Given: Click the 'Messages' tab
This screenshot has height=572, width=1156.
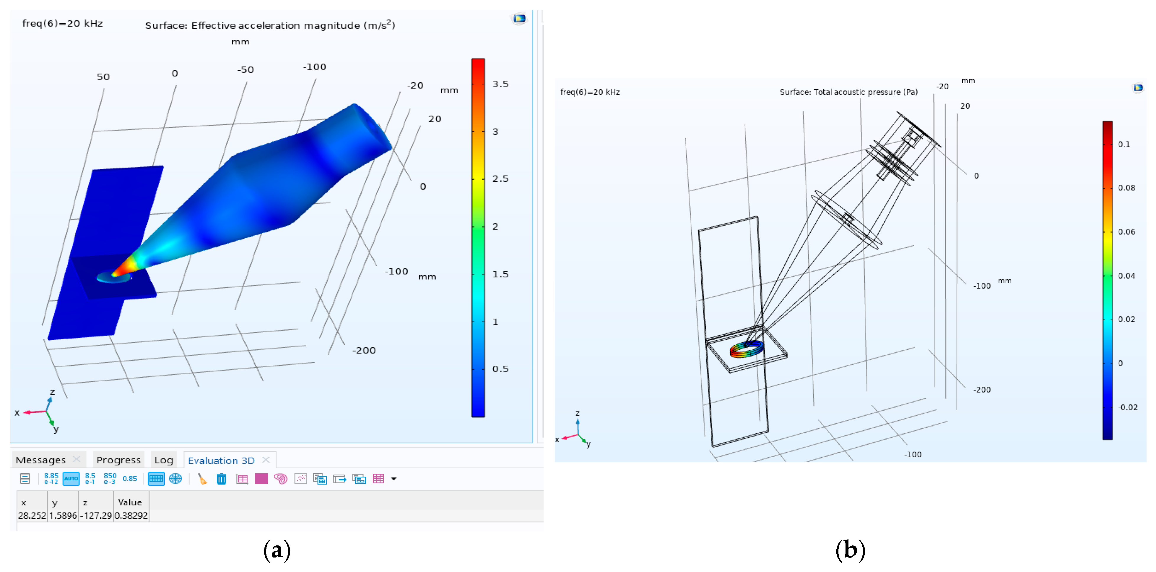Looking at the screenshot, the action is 40,460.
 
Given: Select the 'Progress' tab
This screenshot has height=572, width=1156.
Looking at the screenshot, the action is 118,460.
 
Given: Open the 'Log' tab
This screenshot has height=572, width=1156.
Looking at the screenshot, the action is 164,460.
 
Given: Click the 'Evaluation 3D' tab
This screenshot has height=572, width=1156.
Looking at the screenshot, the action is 221,460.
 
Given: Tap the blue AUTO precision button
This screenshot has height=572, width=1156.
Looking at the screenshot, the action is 71,479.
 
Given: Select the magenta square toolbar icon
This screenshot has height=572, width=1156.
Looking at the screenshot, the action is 261,479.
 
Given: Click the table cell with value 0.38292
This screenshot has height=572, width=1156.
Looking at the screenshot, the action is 131,516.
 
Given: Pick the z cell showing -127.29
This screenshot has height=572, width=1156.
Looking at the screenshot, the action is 96,516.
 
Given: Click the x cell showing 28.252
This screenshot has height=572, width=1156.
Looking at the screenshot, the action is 32,516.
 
